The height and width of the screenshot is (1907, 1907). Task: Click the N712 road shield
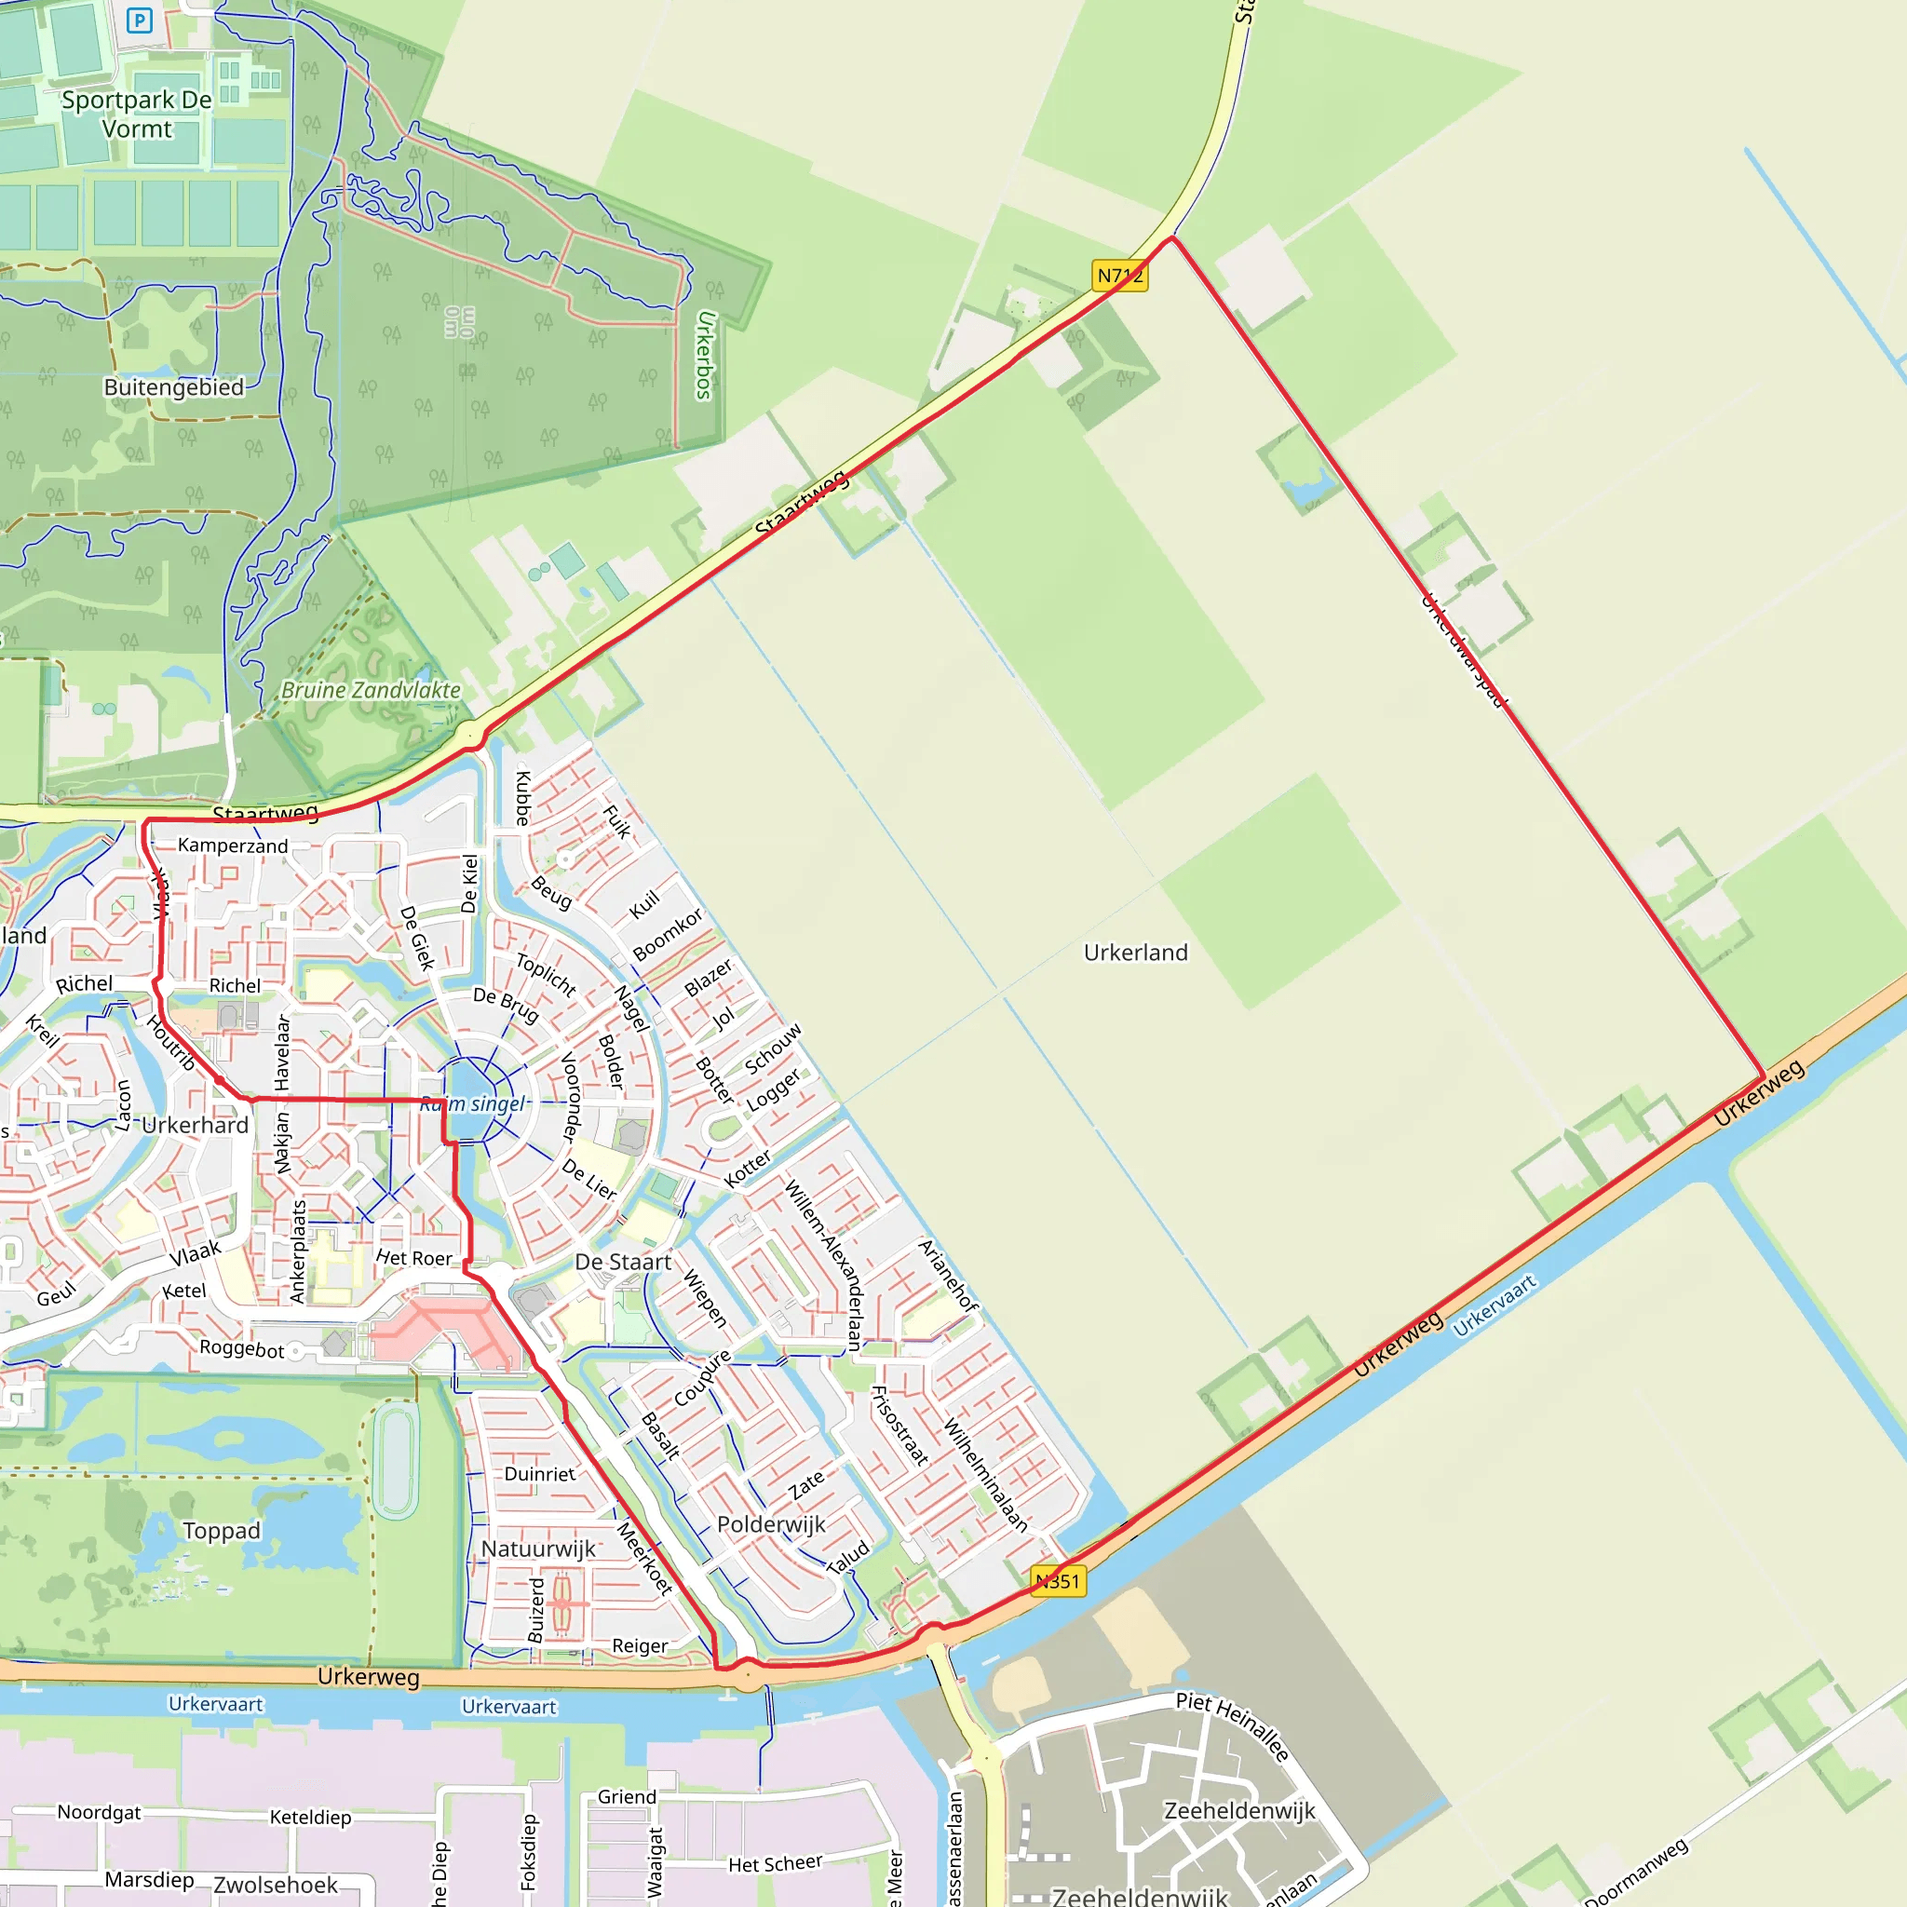click(1119, 276)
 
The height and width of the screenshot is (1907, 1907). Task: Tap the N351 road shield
click(1057, 1580)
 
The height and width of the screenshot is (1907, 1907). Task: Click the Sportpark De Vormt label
click(136, 115)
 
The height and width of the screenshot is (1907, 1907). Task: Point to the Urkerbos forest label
click(704, 355)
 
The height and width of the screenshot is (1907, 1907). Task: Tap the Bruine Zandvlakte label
click(371, 690)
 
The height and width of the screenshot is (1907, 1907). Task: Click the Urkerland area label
click(1135, 953)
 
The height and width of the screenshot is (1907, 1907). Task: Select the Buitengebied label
click(174, 387)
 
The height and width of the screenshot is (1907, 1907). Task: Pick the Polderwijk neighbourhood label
click(771, 1524)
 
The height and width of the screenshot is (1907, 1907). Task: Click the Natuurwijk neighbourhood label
click(538, 1549)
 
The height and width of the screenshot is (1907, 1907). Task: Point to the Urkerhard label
click(196, 1125)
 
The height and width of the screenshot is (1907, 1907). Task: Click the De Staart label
click(623, 1262)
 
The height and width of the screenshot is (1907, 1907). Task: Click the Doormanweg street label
click(1635, 1872)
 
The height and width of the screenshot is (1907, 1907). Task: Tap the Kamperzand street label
click(233, 845)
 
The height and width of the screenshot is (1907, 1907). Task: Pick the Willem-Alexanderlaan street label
click(823, 1265)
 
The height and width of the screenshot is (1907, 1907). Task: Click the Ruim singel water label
click(474, 1103)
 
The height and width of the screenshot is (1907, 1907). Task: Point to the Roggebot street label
click(242, 1348)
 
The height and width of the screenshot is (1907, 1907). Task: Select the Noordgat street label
click(99, 1812)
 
